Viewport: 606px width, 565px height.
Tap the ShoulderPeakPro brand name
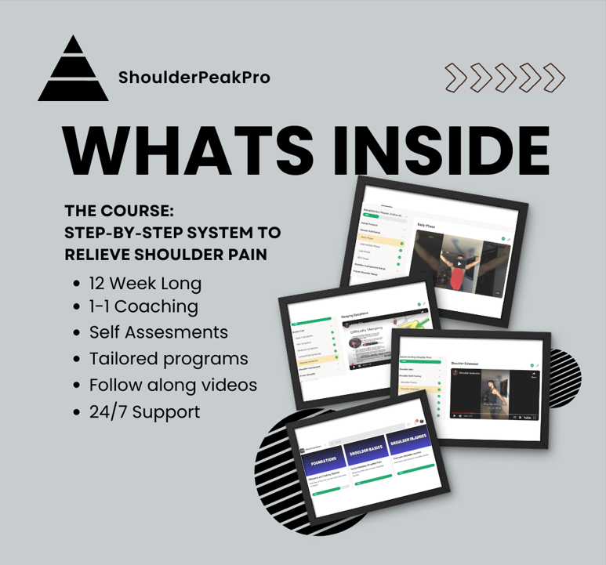click(x=194, y=78)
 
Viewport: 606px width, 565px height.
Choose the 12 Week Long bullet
click(x=145, y=283)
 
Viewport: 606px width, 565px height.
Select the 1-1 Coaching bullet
click(x=143, y=306)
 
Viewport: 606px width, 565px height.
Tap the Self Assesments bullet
click(x=158, y=332)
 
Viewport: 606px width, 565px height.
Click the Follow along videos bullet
click(x=172, y=386)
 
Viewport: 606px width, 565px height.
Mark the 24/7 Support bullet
click(x=144, y=411)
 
